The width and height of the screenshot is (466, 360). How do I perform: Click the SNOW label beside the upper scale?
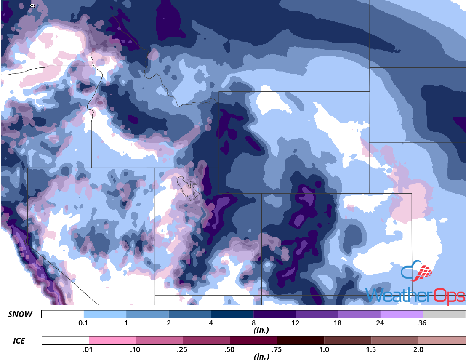(20, 315)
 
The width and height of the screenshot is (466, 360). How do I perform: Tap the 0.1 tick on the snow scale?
(83, 323)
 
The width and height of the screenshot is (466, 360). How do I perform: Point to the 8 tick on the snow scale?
(254, 323)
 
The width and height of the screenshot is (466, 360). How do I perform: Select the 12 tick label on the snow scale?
(296, 323)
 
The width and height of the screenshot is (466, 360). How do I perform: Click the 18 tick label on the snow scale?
(338, 323)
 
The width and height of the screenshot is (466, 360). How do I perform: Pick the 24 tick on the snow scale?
(381, 323)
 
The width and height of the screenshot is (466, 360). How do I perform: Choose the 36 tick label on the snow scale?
(423, 323)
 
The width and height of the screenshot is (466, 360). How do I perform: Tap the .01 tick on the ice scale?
(88, 349)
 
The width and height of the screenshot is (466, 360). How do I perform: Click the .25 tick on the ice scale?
(183, 349)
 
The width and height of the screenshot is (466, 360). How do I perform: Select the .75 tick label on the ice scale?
(277, 349)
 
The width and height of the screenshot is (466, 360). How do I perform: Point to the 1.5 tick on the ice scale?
(371, 349)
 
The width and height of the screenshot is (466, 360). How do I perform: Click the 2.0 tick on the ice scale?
(418, 349)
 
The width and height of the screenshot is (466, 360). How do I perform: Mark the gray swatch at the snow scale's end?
(444, 315)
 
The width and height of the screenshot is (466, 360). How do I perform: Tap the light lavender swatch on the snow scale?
(402, 315)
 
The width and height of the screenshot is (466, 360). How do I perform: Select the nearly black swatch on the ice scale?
(301, 341)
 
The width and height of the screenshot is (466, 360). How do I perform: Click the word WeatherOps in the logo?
(415, 295)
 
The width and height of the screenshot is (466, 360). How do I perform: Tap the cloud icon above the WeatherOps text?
(417, 272)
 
